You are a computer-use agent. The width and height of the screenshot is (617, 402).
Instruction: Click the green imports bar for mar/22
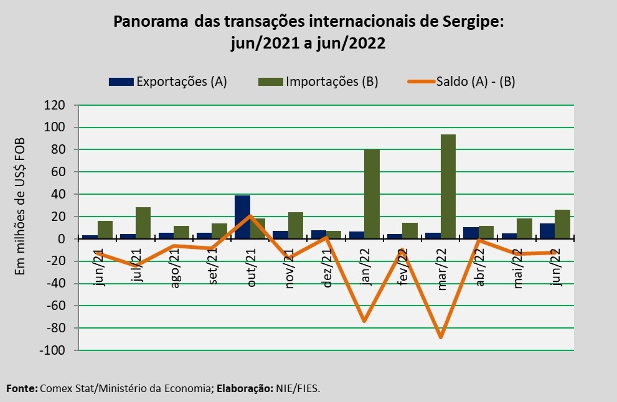[448, 187]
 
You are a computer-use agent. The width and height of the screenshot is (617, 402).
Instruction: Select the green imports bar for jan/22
[372, 194]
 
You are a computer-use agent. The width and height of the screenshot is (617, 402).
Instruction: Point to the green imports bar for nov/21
[296, 225]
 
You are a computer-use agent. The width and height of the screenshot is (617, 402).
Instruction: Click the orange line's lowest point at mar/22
[441, 337]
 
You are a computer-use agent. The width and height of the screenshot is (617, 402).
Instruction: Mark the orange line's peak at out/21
[250, 216]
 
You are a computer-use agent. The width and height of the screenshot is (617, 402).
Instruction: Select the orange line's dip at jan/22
[364, 321]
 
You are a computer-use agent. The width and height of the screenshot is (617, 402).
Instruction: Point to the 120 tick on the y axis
[55, 105]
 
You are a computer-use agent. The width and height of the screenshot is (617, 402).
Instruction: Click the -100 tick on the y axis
[52, 350]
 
